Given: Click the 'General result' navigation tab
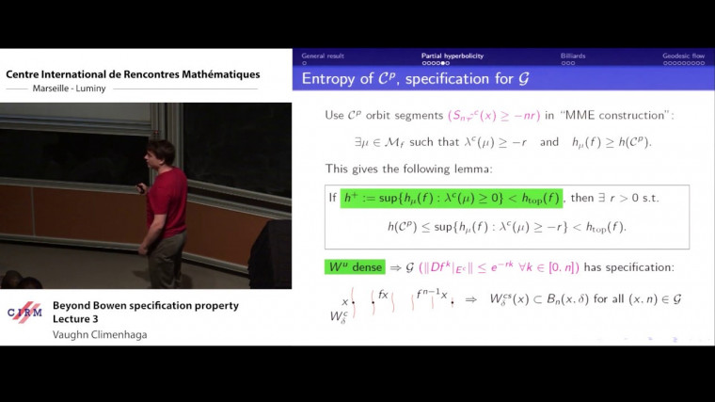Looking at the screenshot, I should coord(323,56).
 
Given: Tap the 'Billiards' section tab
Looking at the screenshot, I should coord(573,56).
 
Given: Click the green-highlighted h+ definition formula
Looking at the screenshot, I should coord(451,198).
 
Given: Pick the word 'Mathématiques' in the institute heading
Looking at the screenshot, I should coord(215,74).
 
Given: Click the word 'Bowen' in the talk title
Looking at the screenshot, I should coord(118,305).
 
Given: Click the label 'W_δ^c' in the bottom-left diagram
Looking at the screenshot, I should coord(340,317).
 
